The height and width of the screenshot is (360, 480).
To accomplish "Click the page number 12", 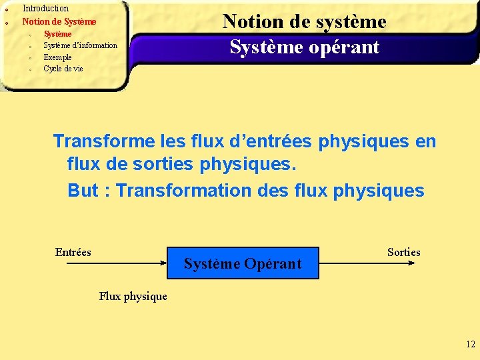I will pyautogui.click(x=471, y=345).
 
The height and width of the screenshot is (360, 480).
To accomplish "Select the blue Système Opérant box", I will pyautogui.click(x=243, y=263).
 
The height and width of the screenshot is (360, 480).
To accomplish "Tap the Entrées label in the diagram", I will pyautogui.click(x=73, y=252).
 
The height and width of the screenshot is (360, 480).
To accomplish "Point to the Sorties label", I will pyautogui.click(x=403, y=252).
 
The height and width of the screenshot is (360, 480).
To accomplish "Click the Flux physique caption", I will pyautogui.click(x=133, y=296).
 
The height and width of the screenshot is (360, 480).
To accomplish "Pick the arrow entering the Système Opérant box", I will pyautogui.click(x=117, y=263).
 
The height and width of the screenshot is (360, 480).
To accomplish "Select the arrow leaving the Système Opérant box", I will pyautogui.click(x=367, y=263).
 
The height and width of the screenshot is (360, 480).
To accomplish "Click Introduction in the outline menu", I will pyautogui.click(x=45, y=9).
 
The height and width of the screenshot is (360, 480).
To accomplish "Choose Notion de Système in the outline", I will pyautogui.click(x=59, y=21).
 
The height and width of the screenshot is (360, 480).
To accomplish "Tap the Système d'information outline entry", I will pyautogui.click(x=80, y=45).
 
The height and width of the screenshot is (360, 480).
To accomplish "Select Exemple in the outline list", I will pyautogui.click(x=57, y=57).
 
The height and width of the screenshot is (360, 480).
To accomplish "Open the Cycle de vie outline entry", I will pyautogui.click(x=63, y=69).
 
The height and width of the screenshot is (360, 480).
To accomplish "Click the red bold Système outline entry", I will pyautogui.click(x=57, y=34).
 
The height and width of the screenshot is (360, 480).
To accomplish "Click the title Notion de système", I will pyautogui.click(x=304, y=21).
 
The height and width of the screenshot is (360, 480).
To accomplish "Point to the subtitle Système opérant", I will pyautogui.click(x=304, y=47).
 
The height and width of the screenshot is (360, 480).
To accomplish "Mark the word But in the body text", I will pyautogui.click(x=83, y=191).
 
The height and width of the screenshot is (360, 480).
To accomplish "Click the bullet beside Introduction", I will pyautogui.click(x=5, y=10).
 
